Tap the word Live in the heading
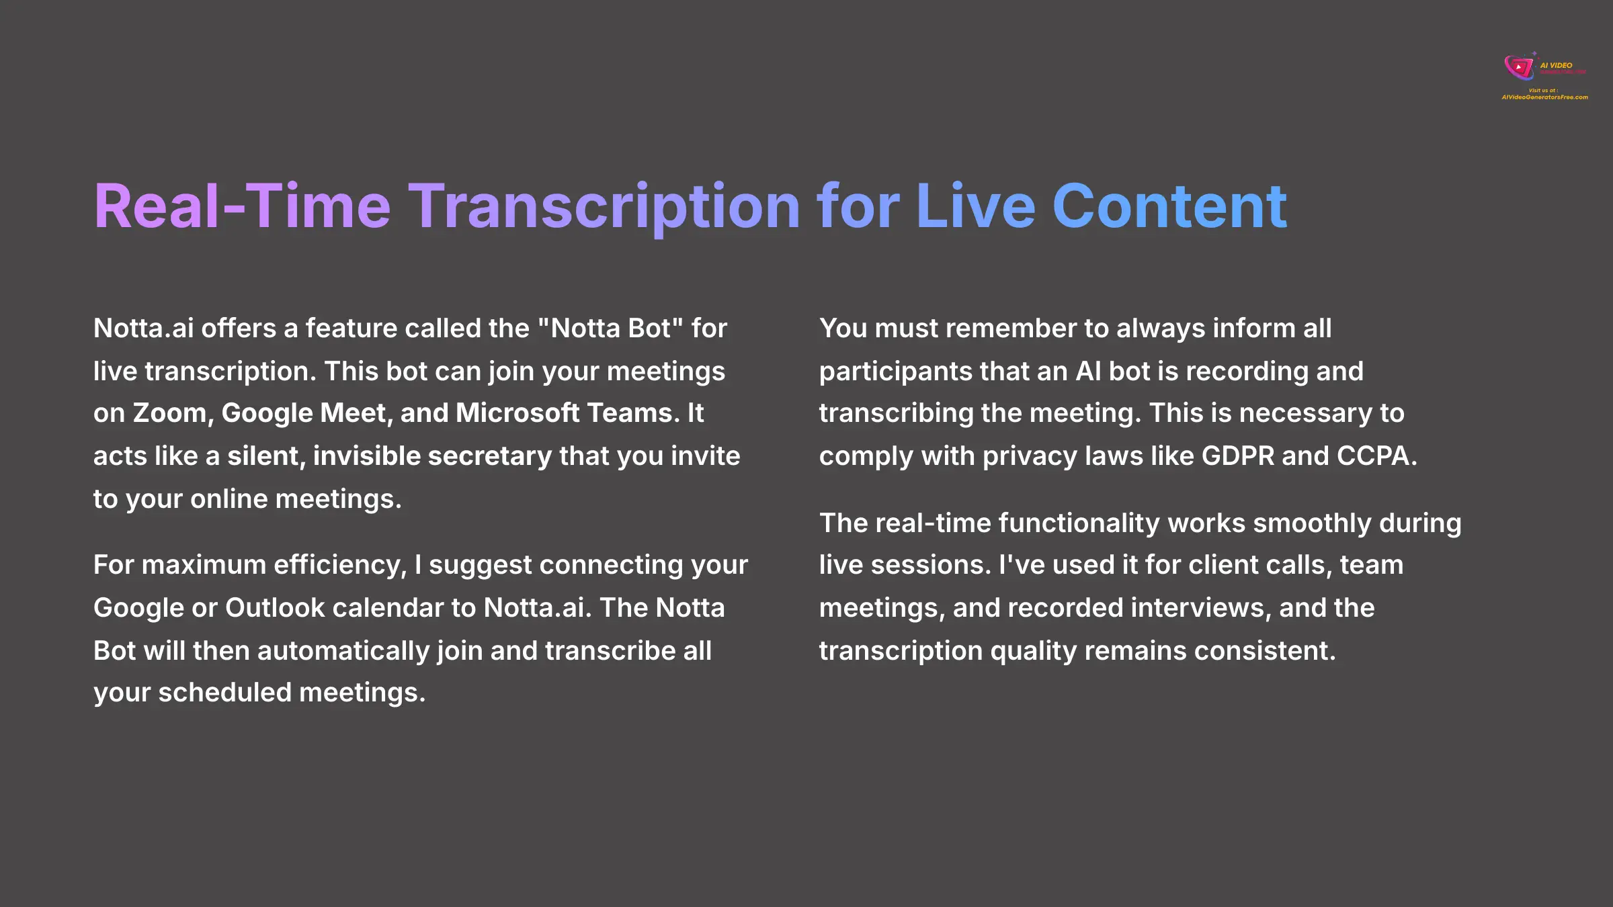point(975,207)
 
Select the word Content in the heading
point(1169,207)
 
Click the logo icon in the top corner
point(1518,67)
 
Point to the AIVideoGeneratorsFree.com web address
point(1544,97)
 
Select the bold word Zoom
point(169,413)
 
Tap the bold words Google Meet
point(306,413)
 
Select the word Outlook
point(275,608)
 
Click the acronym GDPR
point(1237,456)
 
